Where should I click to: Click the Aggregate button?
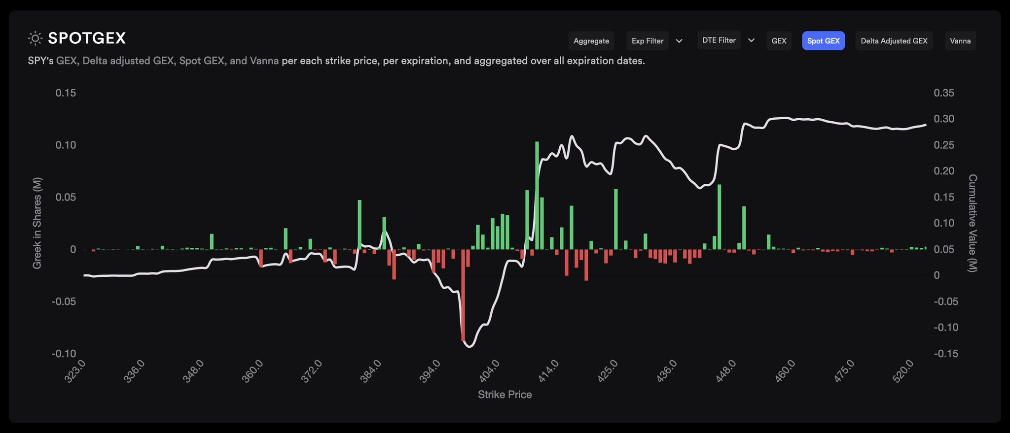(591, 41)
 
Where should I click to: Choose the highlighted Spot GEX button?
(823, 41)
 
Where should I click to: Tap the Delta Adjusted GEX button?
(894, 41)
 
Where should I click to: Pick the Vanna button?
(960, 41)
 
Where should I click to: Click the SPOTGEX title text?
(87, 38)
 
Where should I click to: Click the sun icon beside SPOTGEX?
(35, 38)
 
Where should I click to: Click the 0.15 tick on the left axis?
(66, 93)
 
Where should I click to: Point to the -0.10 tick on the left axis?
(64, 354)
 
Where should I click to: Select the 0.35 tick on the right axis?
(943, 93)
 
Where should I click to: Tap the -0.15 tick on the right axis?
(945, 354)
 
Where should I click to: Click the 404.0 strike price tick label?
(489, 371)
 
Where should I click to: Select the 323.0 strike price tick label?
(75, 371)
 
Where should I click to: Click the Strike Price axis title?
(505, 395)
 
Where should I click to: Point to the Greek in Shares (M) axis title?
(37, 223)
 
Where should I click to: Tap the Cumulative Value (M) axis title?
(972, 223)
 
